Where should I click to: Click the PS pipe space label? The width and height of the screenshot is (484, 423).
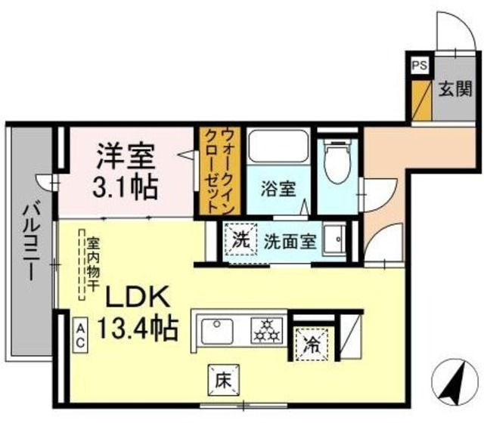pyautogui.click(x=418, y=66)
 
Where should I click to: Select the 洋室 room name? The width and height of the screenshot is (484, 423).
pyautogui.click(x=125, y=158)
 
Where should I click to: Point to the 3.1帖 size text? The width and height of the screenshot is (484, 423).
pyautogui.click(x=125, y=187)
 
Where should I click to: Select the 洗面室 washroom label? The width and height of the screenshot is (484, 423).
pyautogui.click(x=290, y=242)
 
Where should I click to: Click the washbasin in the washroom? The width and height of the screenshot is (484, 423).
pyautogui.click(x=334, y=240)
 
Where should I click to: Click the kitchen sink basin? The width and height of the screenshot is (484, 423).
pyautogui.click(x=219, y=330)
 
